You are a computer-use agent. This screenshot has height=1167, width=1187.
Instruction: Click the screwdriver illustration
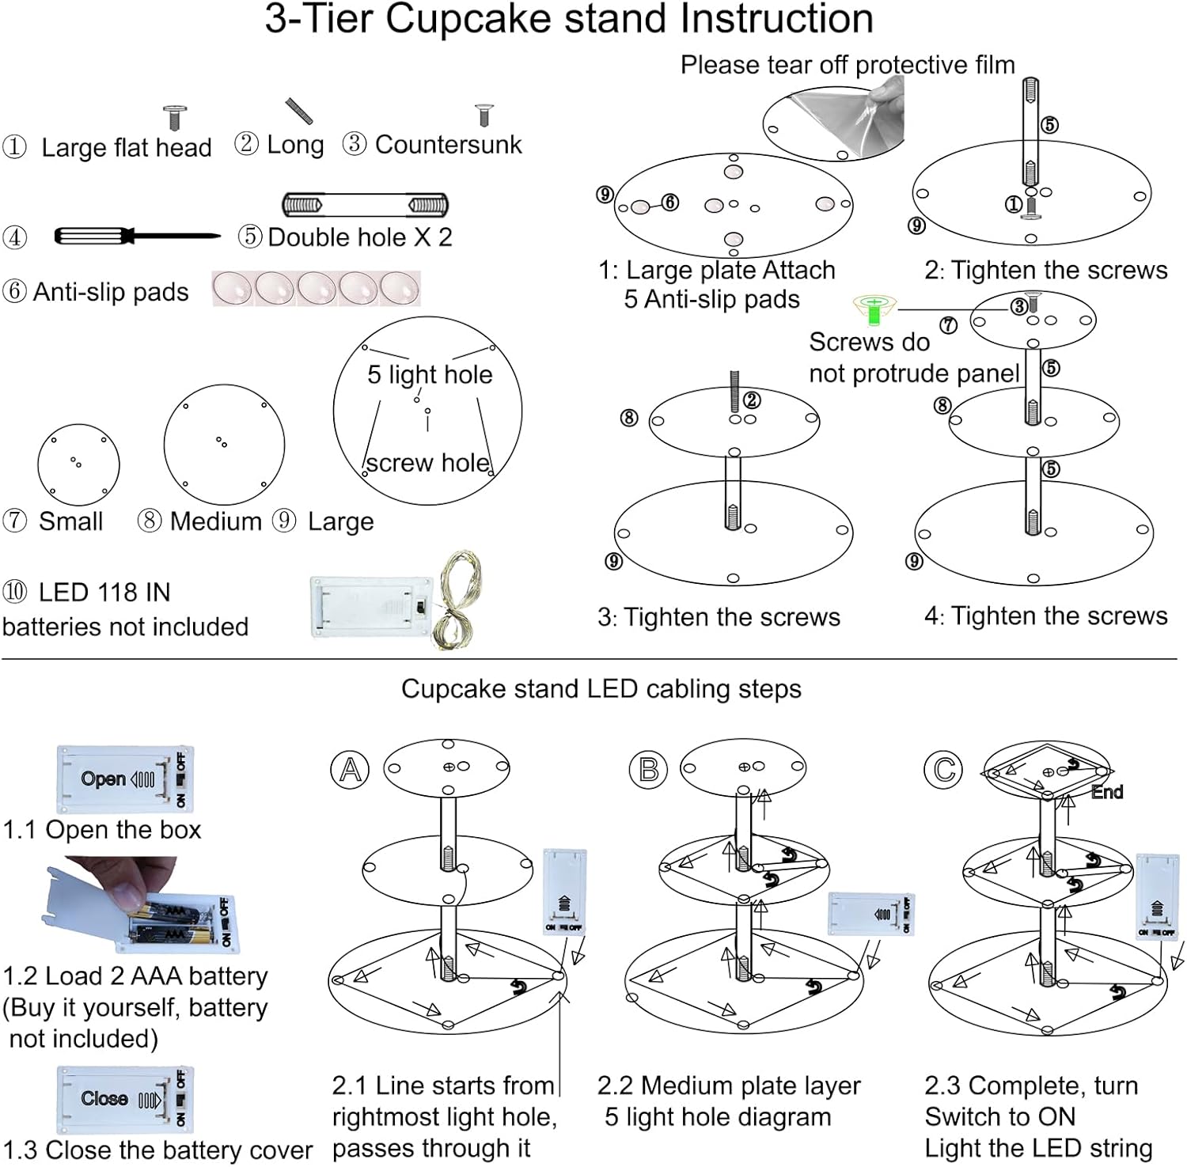[135, 236]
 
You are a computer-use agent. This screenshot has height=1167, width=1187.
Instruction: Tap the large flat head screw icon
[174, 117]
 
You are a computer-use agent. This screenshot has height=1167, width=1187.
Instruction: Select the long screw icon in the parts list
[299, 111]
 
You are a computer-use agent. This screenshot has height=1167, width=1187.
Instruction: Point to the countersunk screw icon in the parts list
[484, 115]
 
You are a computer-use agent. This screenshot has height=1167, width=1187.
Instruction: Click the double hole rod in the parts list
[365, 205]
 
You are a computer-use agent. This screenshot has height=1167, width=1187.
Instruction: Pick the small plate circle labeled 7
[78, 464]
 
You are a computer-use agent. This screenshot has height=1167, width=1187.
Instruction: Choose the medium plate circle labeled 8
[224, 445]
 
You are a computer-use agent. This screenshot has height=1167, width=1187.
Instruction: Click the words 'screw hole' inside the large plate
[427, 463]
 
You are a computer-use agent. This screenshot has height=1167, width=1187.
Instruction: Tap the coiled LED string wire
[457, 601]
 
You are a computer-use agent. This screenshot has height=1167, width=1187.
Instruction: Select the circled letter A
[350, 770]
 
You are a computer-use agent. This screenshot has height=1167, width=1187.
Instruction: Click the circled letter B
[648, 770]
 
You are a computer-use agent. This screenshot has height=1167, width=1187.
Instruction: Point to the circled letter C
[943, 770]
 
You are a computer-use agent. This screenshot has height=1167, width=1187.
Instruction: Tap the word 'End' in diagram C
[1106, 792]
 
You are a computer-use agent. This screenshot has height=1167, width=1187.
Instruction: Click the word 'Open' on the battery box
[104, 779]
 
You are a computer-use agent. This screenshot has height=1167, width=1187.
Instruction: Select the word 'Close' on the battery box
[104, 1098]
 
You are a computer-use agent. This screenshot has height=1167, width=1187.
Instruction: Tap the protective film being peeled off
[855, 111]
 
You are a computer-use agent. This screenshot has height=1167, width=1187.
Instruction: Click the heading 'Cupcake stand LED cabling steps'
[601, 689]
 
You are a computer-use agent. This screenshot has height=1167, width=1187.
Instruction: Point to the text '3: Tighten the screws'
[719, 617]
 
